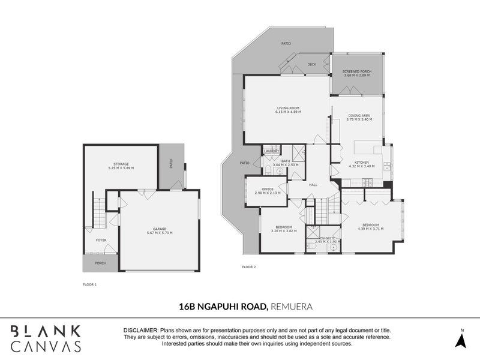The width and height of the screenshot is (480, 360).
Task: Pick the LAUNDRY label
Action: pos(272,151)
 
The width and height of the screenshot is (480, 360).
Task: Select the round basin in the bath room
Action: pos(279,172)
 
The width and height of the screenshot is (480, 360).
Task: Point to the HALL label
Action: pos(313,185)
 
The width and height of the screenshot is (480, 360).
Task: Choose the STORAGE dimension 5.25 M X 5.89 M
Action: pos(121,167)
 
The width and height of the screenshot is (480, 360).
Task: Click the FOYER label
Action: pos(101,240)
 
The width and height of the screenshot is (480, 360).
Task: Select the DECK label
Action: pos(312,64)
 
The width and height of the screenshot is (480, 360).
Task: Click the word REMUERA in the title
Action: pos(292,307)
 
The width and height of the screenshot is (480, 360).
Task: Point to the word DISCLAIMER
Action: pos(139,331)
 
